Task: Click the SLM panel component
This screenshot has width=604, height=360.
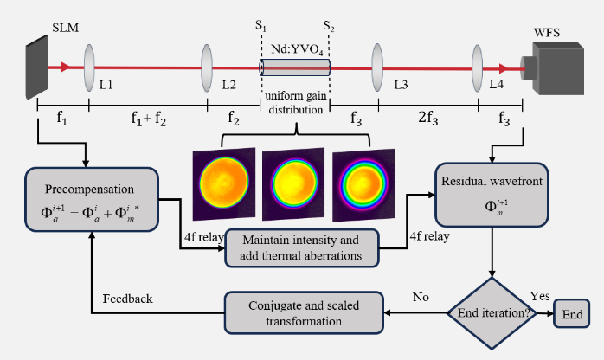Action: tap(37, 64)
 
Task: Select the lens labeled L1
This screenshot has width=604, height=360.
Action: tap(90, 66)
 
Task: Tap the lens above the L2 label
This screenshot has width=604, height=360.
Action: tap(207, 66)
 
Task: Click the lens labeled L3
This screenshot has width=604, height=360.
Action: tap(378, 66)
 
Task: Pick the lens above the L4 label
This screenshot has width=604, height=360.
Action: tap(478, 66)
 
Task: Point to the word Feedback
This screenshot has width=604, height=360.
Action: tap(127, 299)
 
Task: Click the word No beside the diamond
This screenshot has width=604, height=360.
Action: tap(421, 297)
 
